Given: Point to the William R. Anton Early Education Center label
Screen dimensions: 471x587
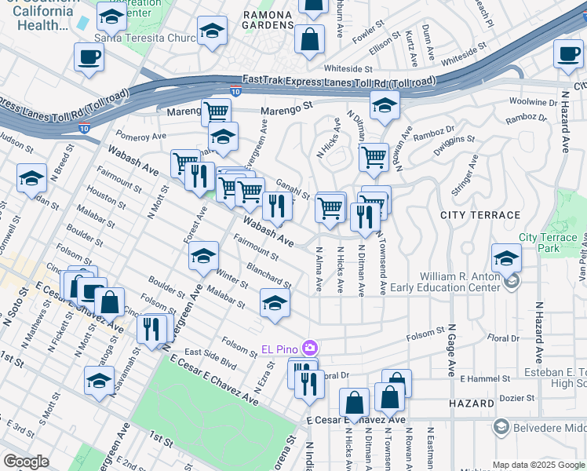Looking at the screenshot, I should pyautogui.click(x=458, y=282).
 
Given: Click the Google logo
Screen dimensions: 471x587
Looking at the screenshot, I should pyautogui.click(x=26, y=461).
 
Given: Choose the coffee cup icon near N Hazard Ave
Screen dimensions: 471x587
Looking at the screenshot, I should pyautogui.click(x=568, y=54).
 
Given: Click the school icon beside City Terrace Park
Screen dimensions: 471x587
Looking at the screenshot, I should pyautogui.click(x=506, y=257).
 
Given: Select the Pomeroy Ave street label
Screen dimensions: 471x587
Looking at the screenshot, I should pyautogui.click(x=140, y=136).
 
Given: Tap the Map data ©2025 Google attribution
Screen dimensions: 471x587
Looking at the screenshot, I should pyautogui.click(x=538, y=465).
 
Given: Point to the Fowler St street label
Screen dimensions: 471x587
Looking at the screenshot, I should pyautogui.click(x=366, y=35).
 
